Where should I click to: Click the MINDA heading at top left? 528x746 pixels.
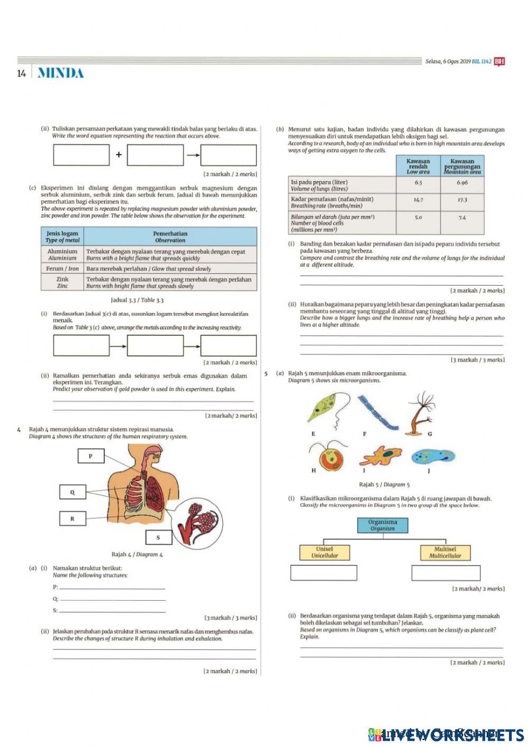[61, 73]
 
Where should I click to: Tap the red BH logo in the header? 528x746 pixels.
[499, 61]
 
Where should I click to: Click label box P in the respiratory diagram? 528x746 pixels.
[90, 456]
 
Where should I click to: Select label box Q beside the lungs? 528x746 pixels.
[72, 492]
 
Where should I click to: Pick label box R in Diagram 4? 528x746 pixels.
[72, 518]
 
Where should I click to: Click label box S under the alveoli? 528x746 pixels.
[158, 537]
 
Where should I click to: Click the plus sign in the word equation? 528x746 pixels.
[119, 155]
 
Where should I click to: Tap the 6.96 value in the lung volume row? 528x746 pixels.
[462, 183]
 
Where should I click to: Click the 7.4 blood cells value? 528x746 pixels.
[462, 218]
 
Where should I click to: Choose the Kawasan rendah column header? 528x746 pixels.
[418, 166]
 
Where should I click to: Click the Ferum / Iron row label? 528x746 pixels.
[62, 269]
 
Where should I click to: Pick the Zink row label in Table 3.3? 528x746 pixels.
[62, 282]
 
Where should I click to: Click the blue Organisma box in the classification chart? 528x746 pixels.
[383, 525]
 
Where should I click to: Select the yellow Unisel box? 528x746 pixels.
[324, 552]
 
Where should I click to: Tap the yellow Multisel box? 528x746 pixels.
[445, 552]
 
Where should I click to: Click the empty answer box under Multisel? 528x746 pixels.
[446, 573]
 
